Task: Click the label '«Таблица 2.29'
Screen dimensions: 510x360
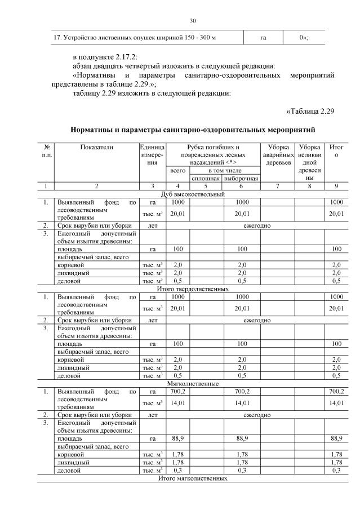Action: [x=310, y=110]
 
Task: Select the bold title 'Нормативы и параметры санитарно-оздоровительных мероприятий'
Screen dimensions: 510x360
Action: [x=193, y=130]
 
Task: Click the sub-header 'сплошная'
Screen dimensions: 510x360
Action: [x=206, y=179]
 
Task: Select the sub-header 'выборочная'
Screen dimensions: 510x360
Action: [x=241, y=179]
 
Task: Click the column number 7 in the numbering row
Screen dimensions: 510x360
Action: [x=278, y=186]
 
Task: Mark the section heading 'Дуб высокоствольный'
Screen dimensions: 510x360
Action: [x=193, y=194]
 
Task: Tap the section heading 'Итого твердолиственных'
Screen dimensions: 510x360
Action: [x=193, y=289]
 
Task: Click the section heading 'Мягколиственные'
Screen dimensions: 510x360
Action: [x=193, y=384]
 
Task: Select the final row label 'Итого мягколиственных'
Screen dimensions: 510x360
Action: [x=193, y=478]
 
